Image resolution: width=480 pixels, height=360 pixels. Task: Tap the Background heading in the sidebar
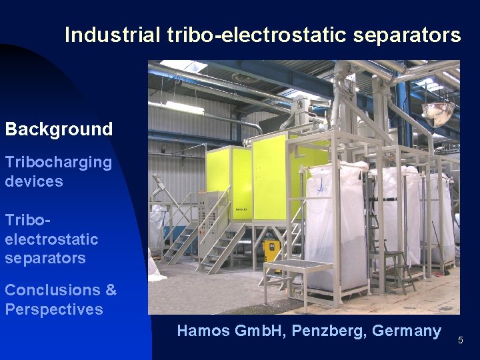pos(59,129)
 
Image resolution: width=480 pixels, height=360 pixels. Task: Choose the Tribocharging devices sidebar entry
pos(59,171)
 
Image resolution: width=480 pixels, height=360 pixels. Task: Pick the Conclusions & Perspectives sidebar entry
pos(60,299)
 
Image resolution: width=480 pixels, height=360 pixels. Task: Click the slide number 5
pos(460,341)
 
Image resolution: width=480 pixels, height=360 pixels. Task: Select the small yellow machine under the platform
pos(272,251)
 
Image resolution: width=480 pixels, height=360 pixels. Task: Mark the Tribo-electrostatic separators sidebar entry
pos(51,239)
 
